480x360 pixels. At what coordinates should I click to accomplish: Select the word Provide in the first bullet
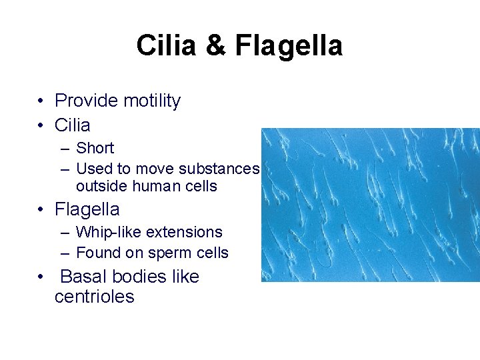tap(83, 101)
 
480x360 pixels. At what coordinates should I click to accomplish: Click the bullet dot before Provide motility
tap(41, 101)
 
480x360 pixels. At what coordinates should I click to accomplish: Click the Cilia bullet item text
tap(73, 125)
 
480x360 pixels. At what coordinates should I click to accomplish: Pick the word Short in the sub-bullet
tap(95, 148)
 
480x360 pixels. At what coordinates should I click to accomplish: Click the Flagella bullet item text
tap(87, 209)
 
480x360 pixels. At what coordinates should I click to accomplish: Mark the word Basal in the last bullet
tap(82, 277)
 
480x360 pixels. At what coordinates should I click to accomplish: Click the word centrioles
tap(94, 296)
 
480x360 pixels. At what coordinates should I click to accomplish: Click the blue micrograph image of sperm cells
tap(370, 205)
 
